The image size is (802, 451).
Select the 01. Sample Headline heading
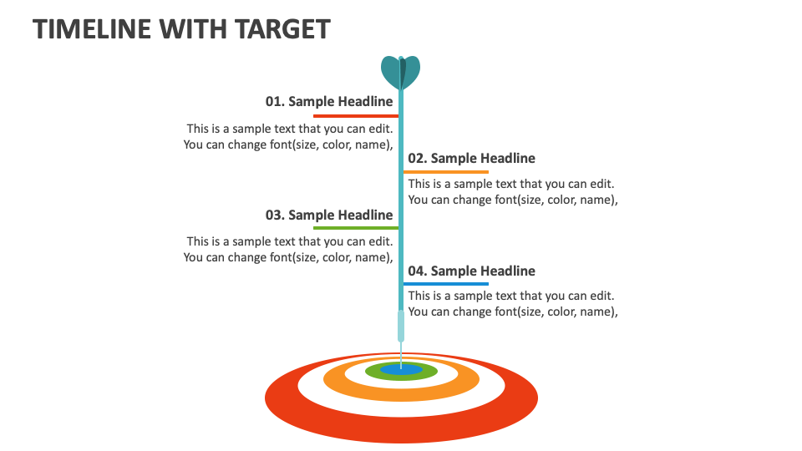pos(329,102)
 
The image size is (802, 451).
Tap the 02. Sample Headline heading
pos(471,159)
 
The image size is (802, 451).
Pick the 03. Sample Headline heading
pos(329,215)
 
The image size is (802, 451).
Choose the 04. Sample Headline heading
pos(471,271)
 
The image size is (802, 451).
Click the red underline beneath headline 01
pos(355,115)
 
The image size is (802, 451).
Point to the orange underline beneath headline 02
pos(446,172)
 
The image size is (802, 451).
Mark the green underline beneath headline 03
pos(355,227)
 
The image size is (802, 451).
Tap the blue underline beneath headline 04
pos(446,284)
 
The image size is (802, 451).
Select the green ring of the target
pos(426,372)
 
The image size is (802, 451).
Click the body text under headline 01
pos(288,136)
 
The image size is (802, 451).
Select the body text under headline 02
pos(512,192)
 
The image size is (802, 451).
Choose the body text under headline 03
pos(288,249)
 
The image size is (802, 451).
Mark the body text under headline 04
pos(512,304)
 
